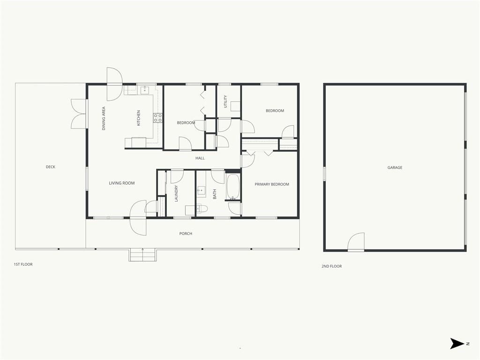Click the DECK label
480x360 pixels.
tap(51, 167)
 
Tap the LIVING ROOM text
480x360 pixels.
tap(122, 183)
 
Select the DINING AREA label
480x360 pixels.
tap(104, 119)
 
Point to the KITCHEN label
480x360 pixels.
tap(138, 118)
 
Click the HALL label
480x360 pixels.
tap(200, 158)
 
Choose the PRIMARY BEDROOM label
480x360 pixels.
tap(272, 184)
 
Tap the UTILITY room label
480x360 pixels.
tap(225, 101)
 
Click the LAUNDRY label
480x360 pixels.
tap(176, 194)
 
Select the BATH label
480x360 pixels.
tap(215, 194)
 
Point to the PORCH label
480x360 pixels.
tap(186, 233)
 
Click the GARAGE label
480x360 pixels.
tap(395, 167)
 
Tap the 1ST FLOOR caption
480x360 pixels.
tap(23, 264)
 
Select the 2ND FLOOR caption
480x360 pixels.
tap(331, 266)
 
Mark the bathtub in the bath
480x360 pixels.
tap(233, 187)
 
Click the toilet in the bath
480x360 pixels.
tap(202, 209)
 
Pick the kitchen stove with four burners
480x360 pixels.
tap(157, 118)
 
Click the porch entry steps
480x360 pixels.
tap(142, 255)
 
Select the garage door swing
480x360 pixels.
tap(356, 242)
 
